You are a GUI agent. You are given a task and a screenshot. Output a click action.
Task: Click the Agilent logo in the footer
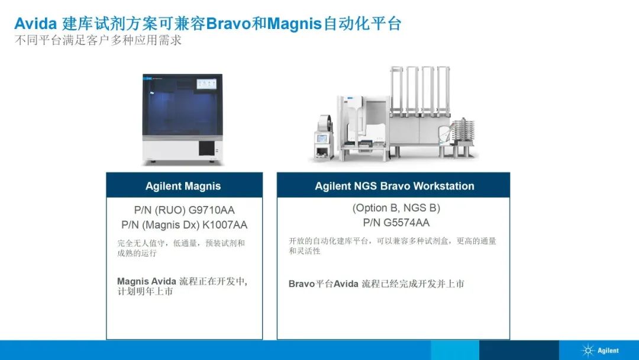click(x=601, y=351)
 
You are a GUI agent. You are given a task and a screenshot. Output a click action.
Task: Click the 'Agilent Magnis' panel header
click(x=184, y=185)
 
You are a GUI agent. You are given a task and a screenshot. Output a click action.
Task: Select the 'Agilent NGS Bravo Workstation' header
click(x=393, y=185)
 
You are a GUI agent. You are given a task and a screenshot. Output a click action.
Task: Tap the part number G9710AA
click(x=211, y=210)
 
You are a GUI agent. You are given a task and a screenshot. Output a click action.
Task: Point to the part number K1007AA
click(x=225, y=224)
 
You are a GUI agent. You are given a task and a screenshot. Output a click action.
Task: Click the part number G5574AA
click(x=406, y=223)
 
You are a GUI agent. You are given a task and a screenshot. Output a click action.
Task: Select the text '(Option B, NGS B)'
click(x=396, y=208)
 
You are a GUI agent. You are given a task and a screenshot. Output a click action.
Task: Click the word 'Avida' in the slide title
click(x=35, y=24)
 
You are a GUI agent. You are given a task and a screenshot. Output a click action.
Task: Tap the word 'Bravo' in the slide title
click(x=229, y=24)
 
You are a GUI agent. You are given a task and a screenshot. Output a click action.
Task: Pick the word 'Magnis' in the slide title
click(x=295, y=24)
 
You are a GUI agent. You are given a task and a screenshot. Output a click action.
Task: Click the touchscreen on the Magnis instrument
click(x=206, y=83)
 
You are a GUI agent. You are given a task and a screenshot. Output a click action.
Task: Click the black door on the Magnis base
click(x=206, y=148)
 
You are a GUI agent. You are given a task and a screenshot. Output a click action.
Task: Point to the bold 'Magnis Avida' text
click(x=147, y=281)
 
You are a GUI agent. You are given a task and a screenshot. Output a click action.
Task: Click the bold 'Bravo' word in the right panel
click(x=302, y=284)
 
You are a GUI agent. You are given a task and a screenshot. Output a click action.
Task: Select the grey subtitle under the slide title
click(x=98, y=40)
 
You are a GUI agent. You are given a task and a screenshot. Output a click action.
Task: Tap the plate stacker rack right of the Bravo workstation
click(x=464, y=137)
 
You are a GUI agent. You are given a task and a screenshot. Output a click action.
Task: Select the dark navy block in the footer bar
click(x=519, y=350)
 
